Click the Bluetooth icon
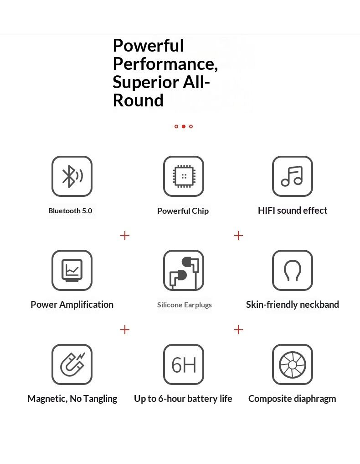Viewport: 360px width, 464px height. tap(72, 176)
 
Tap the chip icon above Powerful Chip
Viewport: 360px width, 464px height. tap(184, 176)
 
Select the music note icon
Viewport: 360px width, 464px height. tap(293, 176)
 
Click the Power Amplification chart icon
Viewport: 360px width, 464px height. tap(72, 270)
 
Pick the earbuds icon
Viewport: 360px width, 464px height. tap(184, 270)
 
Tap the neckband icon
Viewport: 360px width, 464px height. tap(293, 270)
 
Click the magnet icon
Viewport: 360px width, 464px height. tap(72, 364)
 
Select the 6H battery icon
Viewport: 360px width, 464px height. tap(184, 364)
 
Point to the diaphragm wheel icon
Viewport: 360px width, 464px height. tap(293, 364)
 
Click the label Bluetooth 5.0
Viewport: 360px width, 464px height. tap(70, 211)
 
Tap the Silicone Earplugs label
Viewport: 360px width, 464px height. tap(184, 305)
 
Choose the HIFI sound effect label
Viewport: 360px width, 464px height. tap(293, 211)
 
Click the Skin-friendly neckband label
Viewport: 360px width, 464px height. tap(293, 305)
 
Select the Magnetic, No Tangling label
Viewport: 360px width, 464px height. tap(72, 399)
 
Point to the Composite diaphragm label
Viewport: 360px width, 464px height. tap(292, 399)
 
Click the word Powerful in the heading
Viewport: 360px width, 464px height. tap(148, 46)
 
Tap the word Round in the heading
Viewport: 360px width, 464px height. tap(138, 100)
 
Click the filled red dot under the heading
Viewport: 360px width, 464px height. tap(183, 127)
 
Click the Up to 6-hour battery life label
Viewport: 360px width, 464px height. tap(183, 399)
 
